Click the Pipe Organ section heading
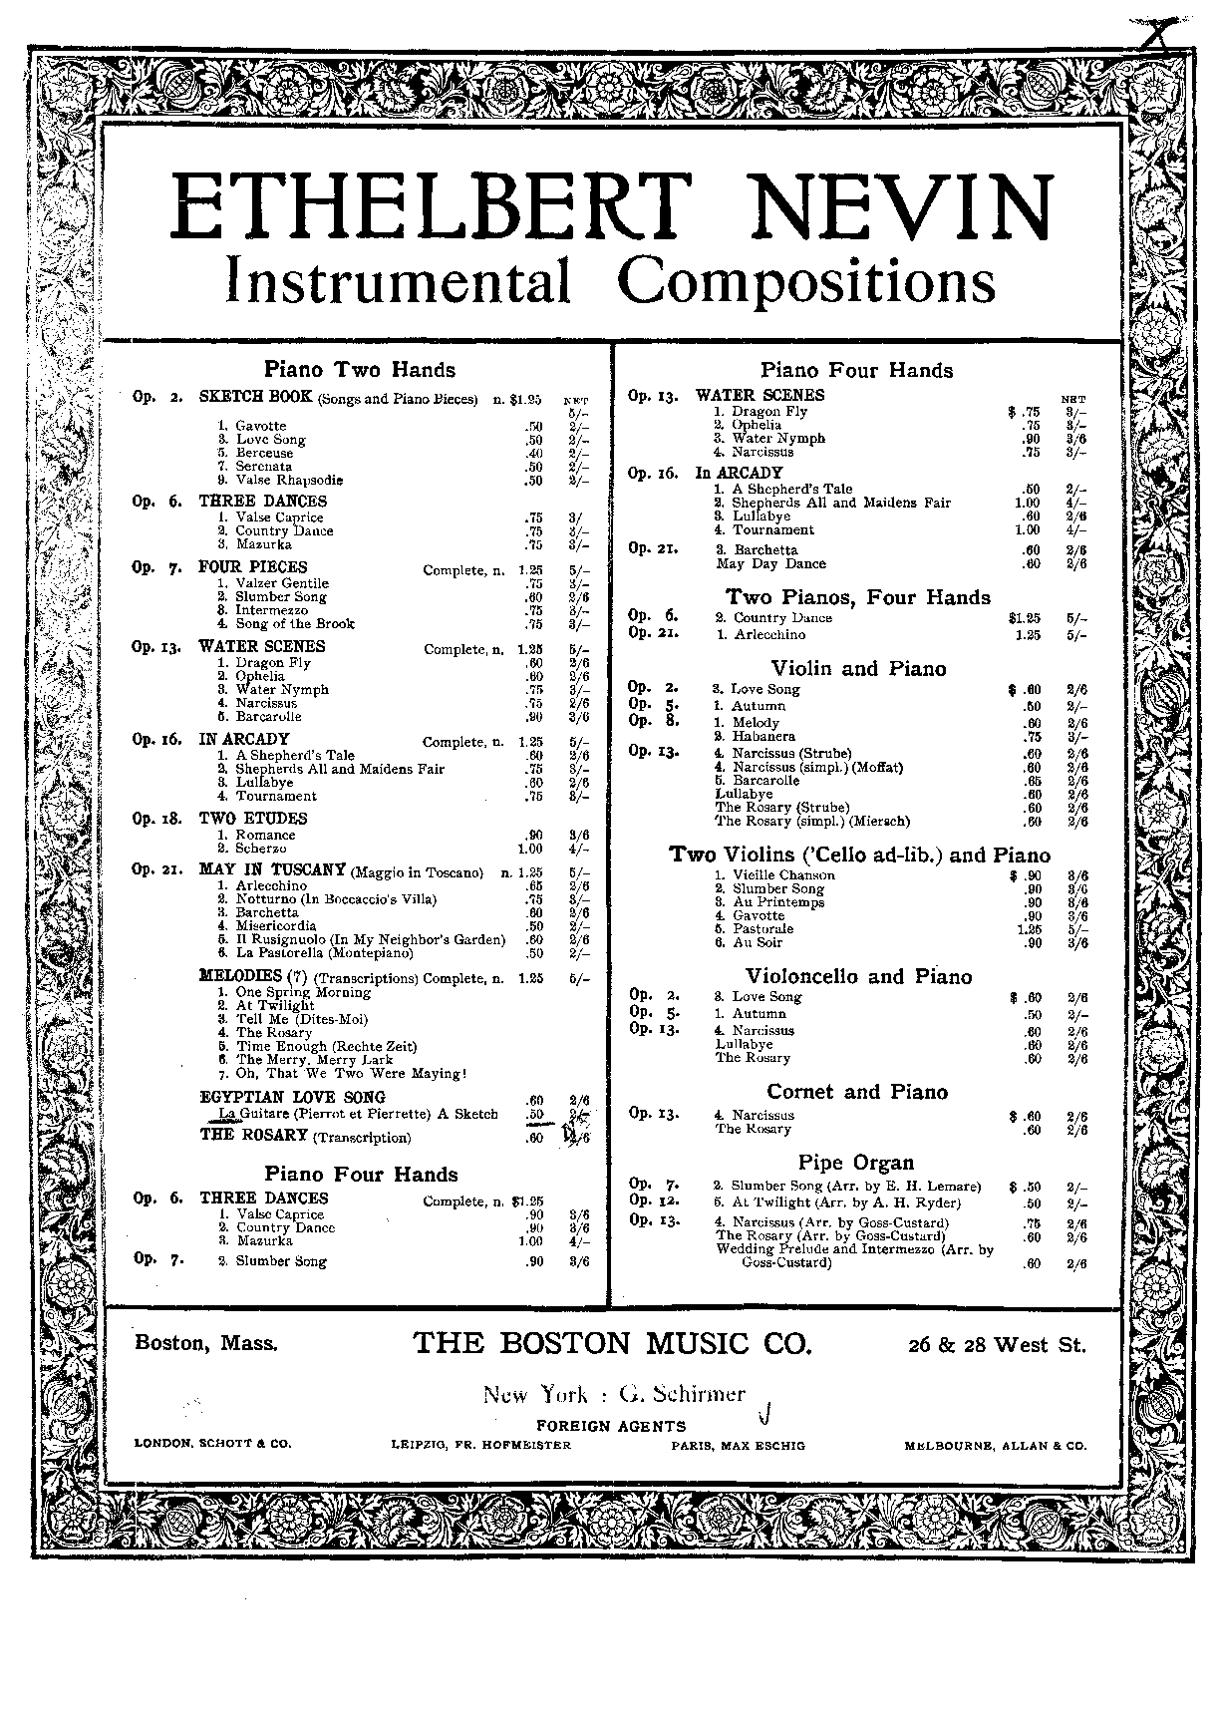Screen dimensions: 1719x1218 (855, 1163)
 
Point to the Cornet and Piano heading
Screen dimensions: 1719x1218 (856, 1092)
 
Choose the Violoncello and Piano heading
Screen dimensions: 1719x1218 (858, 977)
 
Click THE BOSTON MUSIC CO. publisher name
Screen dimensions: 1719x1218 (612, 1343)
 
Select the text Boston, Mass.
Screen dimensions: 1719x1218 (206, 1343)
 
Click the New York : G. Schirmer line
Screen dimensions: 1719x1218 (614, 1395)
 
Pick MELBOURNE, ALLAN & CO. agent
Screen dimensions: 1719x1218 (995, 1445)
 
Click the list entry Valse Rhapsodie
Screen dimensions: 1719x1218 (289, 480)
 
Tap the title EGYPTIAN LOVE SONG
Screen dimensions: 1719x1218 (292, 1098)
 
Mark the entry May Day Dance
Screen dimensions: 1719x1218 (770, 563)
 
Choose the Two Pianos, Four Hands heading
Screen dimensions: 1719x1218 (857, 597)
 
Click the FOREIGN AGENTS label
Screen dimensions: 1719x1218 (611, 1426)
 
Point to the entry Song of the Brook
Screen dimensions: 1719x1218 (294, 624)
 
